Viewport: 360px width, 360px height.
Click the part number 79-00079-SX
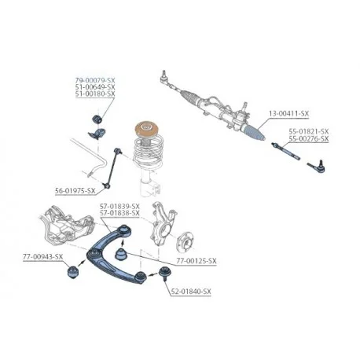click(x=95, y=80)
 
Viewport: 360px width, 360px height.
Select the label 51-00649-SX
click(x=95, y=86)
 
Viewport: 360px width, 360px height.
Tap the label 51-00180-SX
click(x=95, y=94)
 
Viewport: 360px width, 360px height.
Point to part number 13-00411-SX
click(x=288, y=114)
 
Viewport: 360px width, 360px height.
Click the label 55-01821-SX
click(x=309, y=131)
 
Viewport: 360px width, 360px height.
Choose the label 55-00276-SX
click(x=309, y=138)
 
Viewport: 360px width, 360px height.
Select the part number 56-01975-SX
click(x=75, y=191)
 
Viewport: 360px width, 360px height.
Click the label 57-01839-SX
click(x=119, y=206)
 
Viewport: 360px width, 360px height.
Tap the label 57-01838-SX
click(x=119, y=213)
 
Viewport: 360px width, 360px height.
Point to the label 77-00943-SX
click(x=43, y=257)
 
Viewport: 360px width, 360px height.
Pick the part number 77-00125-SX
click(x=197, y=261)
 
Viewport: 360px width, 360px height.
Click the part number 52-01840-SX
click(x=191, y=292)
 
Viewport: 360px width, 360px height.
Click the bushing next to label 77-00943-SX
click(x=73, y=272)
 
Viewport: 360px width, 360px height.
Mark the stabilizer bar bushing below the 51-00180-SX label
click(x=97, y=119)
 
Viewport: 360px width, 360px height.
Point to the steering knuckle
click(x=162, y=223)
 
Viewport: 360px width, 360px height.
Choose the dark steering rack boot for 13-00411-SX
click(x=254, y=131)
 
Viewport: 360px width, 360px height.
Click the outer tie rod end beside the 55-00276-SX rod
click(x=317, y=167)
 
